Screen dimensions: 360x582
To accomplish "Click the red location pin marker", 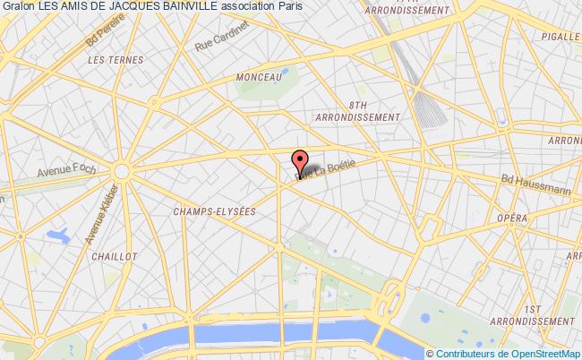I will pyautogui.click(x=301, y=164).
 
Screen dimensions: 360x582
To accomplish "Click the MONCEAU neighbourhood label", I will pyautogui.click(x=259, y=78).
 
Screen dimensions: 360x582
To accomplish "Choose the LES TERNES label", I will pyautogui.click(x=106, y=59).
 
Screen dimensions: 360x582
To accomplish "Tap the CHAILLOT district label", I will pyautogui.click(x=114, y=255).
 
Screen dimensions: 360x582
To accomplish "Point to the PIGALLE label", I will pyautogui.click(x=560, y=37).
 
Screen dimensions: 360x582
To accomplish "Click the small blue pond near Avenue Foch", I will pyautogui.click(x=59, y=236).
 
